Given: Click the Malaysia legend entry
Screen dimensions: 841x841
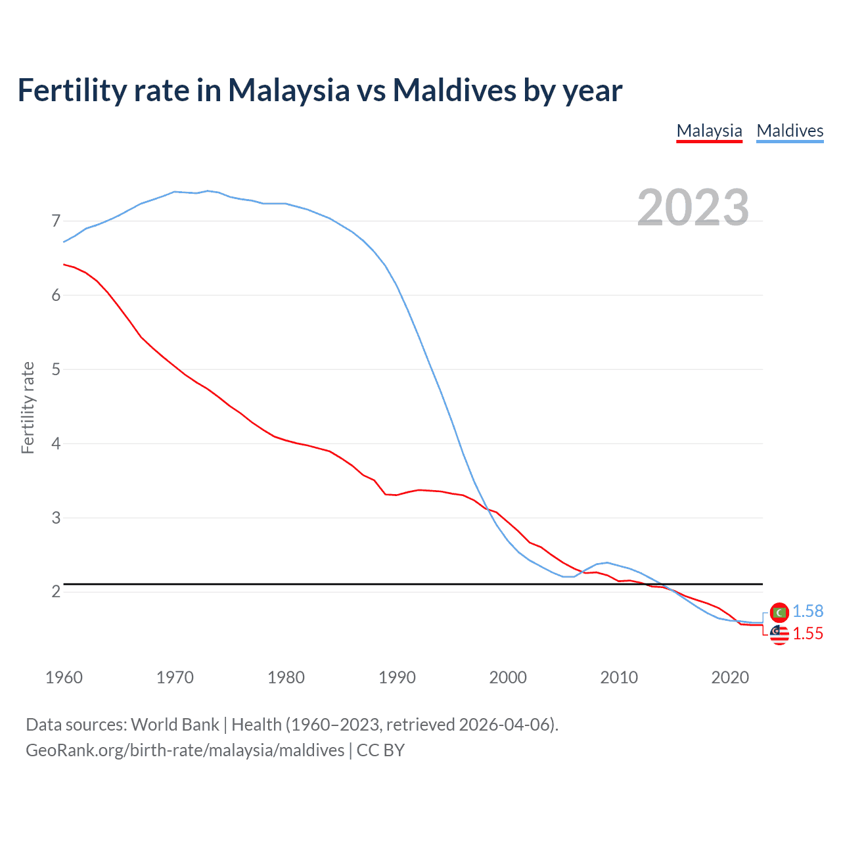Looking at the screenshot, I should pyautogui.click(x=709, y=131).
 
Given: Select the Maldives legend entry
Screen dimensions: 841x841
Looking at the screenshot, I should pyautogui.click(x=790, y=131).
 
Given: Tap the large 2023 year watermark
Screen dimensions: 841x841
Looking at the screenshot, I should pyautogui.click(x=693, y=208).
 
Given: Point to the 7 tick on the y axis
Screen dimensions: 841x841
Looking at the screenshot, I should pyautogui.click(x=56, y=221).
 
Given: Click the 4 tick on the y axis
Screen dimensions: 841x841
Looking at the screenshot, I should pyautogui.click(x=56, y=443).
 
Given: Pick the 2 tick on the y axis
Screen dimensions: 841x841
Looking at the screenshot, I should pyautogui.click(x=56, y=592).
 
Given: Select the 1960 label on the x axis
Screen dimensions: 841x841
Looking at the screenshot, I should pyautogui.click(x=64, y=677).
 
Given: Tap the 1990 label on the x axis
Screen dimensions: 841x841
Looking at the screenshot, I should pyautogui.click(x=397, y=677).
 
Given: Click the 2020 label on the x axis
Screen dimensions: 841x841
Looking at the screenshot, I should pyautogui.click(x=730, y=677).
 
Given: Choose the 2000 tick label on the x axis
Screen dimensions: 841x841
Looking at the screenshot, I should pyautogui.click(x=508, y=677).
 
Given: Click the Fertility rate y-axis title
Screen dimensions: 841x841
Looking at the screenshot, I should pyautogui.click(x=28, y=407).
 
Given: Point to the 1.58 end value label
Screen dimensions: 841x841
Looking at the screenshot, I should pyautogui.click(x=807, y=611).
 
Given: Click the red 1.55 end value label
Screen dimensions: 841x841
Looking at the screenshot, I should pyautogui.click(x=807, y=633).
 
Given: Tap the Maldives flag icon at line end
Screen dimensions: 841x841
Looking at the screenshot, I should pyautogui.click(x=779, y=612).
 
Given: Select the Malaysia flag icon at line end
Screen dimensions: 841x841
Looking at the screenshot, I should pyautogui.click(x=779, y=634).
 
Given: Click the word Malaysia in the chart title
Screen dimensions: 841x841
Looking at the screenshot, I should pyautogui.click(x=288, y=91).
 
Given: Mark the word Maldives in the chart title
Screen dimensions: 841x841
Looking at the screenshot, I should pyautogui.click(x=454, y=91).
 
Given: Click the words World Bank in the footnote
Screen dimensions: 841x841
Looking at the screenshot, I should pyautogui.click(x=175, y=725).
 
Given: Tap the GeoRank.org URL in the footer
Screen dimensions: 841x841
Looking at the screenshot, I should pyautogui.click(x=185, y=750).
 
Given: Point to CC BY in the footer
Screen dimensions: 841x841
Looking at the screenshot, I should pyautogui.click(x=380, y=750).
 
